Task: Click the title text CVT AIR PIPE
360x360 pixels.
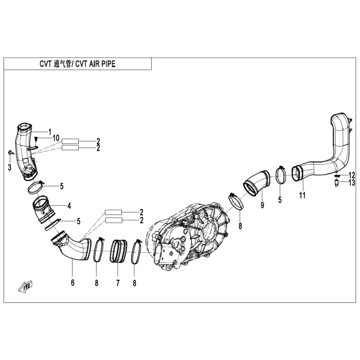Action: pos(95,64)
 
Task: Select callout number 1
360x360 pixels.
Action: pos(49,132)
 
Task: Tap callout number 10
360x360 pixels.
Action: pos(56,138)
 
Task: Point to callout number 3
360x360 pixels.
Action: pos(9,167)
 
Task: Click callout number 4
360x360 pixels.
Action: pos(69,206)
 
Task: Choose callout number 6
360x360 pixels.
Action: pos(73,283)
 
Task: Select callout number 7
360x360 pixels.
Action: pos(118,283)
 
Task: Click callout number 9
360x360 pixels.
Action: pos(262,205)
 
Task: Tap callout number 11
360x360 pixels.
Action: pos(302,195)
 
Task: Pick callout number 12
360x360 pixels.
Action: pos(352,175)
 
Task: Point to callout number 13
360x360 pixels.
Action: pos(352,183)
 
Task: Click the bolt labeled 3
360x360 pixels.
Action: pos(11,152)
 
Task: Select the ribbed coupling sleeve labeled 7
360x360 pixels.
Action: pos(118,251)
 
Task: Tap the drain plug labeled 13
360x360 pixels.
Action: pos(336,184)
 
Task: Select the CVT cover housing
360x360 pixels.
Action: pos(188,235)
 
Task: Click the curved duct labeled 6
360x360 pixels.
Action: pos(71,247)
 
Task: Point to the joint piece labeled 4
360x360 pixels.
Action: pos(44,209)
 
